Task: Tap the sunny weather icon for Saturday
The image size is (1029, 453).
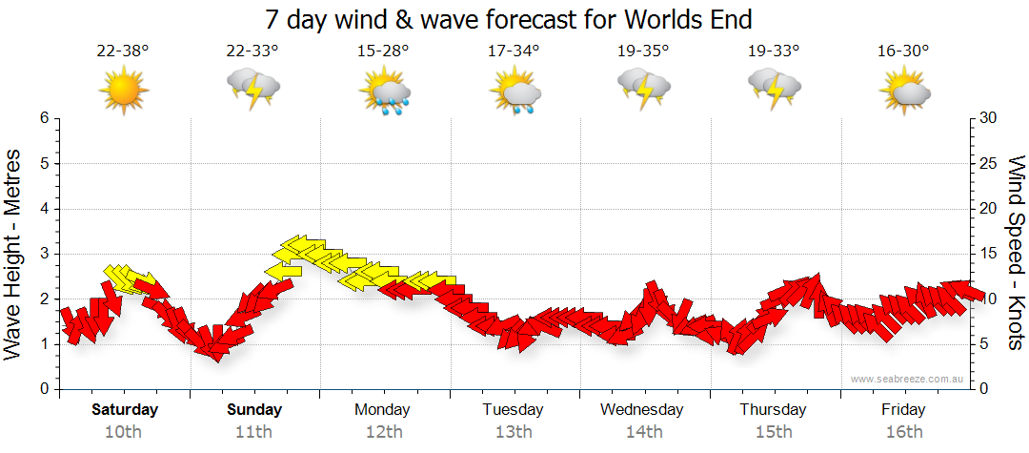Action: (124, 91)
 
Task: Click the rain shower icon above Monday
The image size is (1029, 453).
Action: (384, 91)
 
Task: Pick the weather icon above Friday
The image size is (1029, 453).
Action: (904, 91)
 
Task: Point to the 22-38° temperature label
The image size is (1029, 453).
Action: (123, 51)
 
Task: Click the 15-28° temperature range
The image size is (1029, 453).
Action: (384, 51)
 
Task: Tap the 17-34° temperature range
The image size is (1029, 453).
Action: (514, 51)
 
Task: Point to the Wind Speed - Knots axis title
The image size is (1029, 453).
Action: (1016, 253)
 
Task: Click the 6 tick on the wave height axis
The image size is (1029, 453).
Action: (44, 118)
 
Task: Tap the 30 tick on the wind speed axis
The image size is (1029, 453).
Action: (988, 118)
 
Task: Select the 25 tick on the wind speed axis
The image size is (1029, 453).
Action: (988, 163)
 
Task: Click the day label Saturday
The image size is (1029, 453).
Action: (125, 410)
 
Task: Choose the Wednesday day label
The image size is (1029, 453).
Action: (642, 410)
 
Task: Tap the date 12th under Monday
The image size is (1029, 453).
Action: (383, 432)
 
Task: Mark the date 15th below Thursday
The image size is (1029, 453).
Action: (773, 432)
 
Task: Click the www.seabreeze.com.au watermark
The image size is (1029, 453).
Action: (908, 380)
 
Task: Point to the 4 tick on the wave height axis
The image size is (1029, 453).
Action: (44, 209)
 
